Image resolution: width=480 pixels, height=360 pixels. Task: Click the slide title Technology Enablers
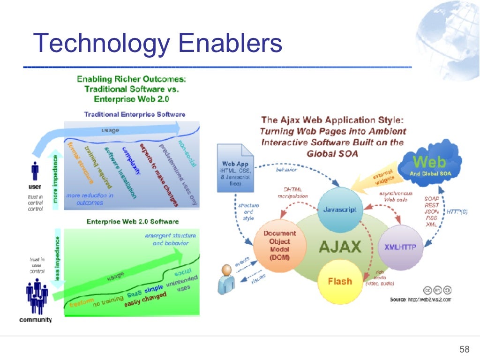click(157, 43)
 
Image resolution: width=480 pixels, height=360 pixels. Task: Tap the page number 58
click(464, 349)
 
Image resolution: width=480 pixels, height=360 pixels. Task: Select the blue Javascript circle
click(340, 210)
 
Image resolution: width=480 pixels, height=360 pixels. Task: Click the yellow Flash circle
click(339, 281)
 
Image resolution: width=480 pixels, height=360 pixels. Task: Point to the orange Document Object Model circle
click(279, 245)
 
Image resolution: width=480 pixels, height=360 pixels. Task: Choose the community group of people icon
click(37, 298)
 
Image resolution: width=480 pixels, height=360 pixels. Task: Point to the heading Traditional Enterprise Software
click(135, 114)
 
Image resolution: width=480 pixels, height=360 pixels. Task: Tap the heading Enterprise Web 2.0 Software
click(132, 221)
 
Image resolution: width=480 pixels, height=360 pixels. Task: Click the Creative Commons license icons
click(438, 289)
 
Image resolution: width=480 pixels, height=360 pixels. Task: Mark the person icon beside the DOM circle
click(228, 276)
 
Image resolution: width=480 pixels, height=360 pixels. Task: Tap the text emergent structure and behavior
click(171, 239)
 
